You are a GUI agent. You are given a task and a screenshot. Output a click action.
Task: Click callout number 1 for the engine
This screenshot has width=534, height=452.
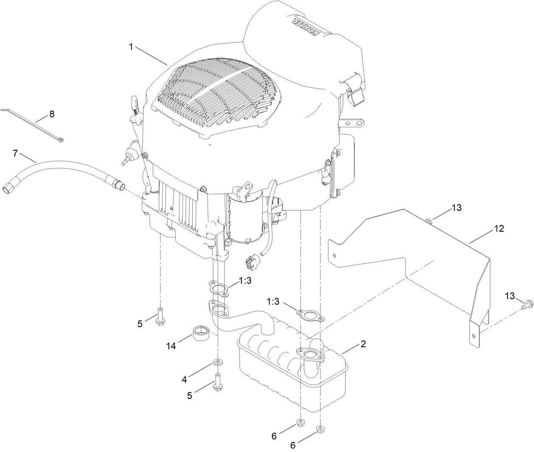coord(131,46)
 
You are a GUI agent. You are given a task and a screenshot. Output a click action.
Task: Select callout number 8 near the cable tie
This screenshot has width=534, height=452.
coord(52,114)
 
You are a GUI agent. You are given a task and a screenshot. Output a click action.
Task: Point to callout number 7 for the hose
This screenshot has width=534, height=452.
coord(15,153)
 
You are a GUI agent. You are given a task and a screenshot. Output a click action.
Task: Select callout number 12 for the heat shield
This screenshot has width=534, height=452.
coord(499,229)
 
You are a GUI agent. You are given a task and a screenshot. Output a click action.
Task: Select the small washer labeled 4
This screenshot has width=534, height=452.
coord(218,362)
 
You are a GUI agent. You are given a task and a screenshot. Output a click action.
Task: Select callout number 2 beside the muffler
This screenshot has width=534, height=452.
coord(363,344)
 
